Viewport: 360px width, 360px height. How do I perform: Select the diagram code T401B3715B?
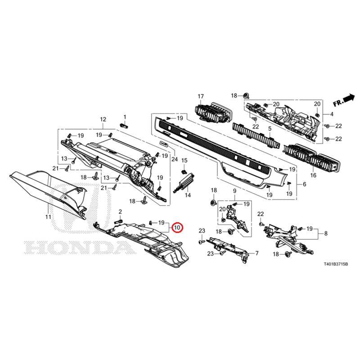[x=336, y=265]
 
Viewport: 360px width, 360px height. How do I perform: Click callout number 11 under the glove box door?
[x=48, y=217]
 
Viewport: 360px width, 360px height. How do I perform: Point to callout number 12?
[x=103, y=119]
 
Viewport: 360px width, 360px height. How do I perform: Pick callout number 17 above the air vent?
[x=201, y=96]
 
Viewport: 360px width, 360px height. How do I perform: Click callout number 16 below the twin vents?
[x=313, y=175]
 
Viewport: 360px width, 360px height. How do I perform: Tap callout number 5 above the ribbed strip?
[x=270, y=128]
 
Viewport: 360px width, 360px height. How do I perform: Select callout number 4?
[x=332, y=114]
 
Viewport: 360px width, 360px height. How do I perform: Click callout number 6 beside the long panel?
[x=305, y=184]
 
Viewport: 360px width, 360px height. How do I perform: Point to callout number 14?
[x=188, y=195]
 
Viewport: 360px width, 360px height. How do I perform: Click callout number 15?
[x=184, y=161]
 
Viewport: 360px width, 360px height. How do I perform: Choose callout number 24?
[x=175, y=159]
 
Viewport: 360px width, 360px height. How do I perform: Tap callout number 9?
[x=234, y=191]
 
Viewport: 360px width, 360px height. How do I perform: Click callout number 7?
[x=256, y=253]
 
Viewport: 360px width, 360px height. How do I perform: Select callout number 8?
[x=326, y=234]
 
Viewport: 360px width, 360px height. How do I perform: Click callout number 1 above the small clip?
[x=125, y=117]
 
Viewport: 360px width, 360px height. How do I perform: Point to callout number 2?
[x=120, y=211]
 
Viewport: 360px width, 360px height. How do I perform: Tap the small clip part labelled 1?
[x=124, y=126]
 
